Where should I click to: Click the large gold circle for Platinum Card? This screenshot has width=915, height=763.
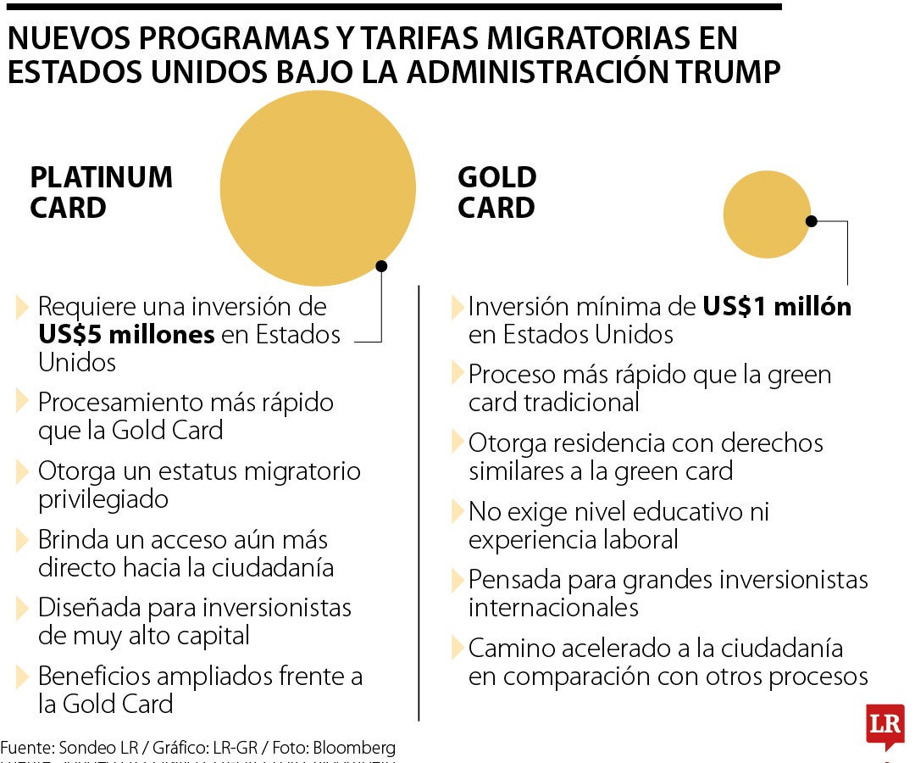[318, 188]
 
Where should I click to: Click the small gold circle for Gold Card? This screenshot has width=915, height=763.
[767, 214]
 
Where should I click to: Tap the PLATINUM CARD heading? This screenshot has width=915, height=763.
[101, 192]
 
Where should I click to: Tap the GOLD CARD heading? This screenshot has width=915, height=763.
[496, 192]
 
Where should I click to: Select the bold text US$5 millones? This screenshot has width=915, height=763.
[126, 335]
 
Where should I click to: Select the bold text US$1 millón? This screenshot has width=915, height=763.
[777, 307]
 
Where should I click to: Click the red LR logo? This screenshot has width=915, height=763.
[884, 725]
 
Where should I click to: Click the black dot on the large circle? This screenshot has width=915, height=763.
[381, 266]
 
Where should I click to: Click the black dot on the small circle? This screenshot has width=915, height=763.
[811, 221]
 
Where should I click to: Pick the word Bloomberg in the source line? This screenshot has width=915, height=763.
[354, 748]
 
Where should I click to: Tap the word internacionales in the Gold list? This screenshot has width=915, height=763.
[553, 608]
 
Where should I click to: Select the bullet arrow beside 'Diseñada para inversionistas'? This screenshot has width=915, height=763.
[23, 609]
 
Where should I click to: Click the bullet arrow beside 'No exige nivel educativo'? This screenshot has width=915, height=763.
[457, 512]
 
